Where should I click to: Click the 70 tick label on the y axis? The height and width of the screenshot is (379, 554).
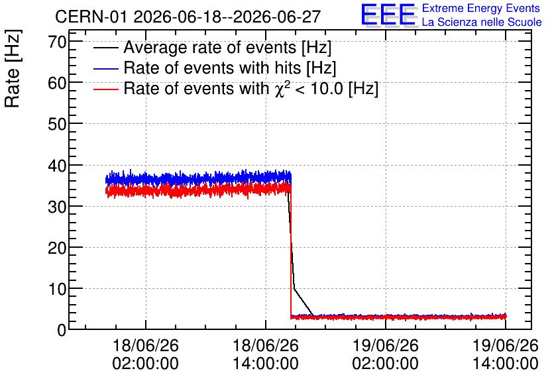tap(57, 43)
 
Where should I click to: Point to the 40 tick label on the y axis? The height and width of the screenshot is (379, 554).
tap(57, 166)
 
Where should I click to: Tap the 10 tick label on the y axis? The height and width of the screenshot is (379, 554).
tap(57, 290)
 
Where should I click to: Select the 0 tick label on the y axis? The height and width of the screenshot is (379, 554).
tap(62, 330)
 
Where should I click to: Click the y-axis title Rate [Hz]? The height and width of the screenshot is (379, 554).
tap(13, 68)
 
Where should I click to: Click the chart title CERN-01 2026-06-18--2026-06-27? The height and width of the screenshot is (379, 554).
tap(188, 17)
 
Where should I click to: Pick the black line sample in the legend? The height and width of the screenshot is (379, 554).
tap(105, 47)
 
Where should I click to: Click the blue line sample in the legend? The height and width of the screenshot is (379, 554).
tap(105, 68)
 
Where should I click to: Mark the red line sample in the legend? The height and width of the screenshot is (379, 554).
tap(105, 89)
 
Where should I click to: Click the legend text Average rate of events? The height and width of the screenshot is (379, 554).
tap(210, 48)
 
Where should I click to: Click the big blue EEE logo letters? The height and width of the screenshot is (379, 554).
tap(388, 15)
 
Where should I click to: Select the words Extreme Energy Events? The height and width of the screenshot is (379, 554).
tap(481, 8)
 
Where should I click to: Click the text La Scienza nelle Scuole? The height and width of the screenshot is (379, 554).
tap(482, 22)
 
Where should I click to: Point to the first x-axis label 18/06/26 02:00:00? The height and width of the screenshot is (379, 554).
tap(146, 354)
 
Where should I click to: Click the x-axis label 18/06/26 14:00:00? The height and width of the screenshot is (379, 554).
tap(266, 354)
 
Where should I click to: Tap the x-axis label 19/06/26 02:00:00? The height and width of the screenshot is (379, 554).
tap(386, 354)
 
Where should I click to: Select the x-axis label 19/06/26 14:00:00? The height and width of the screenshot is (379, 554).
tap(506, 354)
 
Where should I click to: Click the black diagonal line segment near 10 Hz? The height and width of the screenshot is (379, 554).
tap(304, 302)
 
